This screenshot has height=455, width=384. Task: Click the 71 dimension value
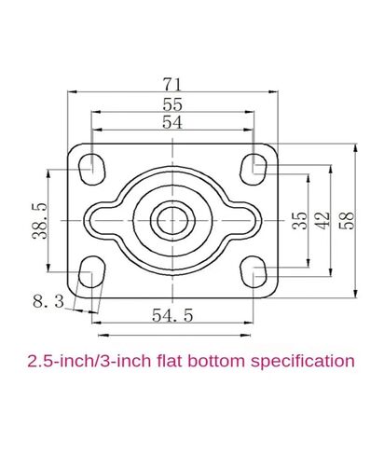(171, 84)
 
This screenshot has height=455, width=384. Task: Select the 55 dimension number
(172, 104)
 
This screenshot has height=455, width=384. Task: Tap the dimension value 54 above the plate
(171, 122)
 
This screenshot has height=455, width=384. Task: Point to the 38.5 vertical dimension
(40, 220)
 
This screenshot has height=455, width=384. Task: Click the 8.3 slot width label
(48, 301)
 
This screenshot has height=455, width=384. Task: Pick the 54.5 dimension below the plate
(172, 315)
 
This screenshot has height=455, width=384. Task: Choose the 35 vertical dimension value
(300, 220)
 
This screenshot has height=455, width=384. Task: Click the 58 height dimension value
(346, 220)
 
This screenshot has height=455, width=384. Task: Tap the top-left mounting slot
(92, 169)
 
